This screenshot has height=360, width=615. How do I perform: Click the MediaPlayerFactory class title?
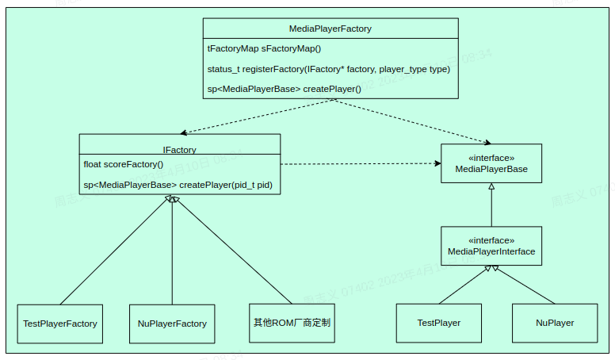(330, 29)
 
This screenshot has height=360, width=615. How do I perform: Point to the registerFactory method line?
(328, 69)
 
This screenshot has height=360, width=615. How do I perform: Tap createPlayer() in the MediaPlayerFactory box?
(284, 89)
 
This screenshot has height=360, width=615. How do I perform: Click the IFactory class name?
(179, 149)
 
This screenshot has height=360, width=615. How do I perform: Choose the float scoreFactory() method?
(123, 164)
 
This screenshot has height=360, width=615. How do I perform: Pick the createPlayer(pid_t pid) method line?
(178, 185)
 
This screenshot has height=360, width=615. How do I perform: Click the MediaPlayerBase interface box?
(491, 163)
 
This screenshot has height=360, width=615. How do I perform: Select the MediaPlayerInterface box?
(491, 246)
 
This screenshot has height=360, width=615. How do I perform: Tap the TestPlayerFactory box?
(60, 324)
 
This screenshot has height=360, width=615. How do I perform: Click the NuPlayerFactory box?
(172, 324)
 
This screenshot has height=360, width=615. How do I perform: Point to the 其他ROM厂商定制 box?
(292, 323)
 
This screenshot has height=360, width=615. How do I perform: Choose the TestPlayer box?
(439, 323)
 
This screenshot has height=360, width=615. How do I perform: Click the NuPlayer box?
(555, 323)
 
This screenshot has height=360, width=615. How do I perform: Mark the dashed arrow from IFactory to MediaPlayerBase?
(361, 164)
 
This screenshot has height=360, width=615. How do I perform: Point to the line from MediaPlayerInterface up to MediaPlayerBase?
(491, 206)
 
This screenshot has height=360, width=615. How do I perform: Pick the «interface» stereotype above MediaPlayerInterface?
(491, 240)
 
